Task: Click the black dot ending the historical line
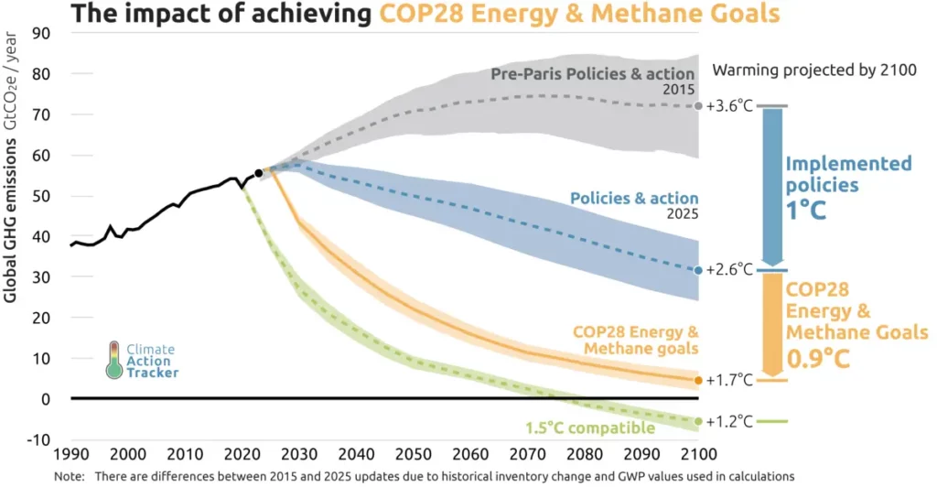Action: pos(259,173)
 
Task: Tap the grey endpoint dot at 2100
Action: pos(699,106)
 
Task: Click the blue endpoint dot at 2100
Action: pos(699,270)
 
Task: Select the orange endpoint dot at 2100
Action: pos(699,380)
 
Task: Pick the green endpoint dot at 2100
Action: pos(699,421)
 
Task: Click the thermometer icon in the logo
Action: pos(113,360)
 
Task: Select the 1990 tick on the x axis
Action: pos(71,454)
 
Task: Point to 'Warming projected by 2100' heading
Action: pos(814,70)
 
